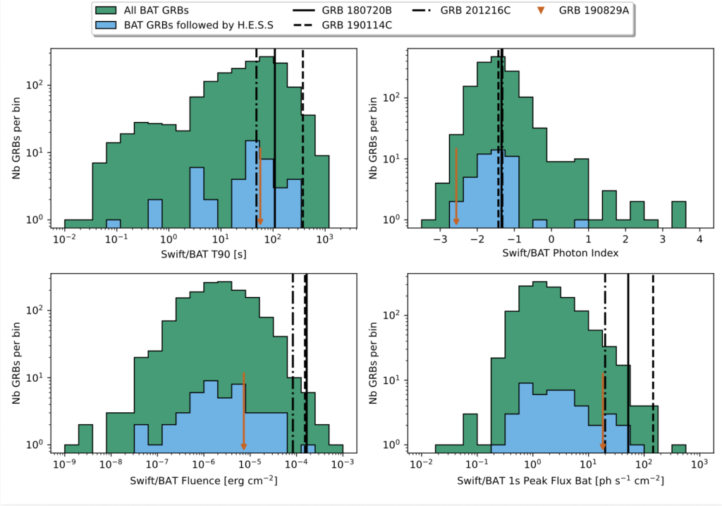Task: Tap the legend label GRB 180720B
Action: pyautogui.click(x=360, y=11)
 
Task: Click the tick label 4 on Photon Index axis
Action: pyautogui.click(x=699, y=240)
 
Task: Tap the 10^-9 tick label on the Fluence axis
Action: pyautogui.click(x=64, y=466)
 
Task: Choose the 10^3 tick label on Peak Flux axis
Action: pyautogui.click(x=698, y=466)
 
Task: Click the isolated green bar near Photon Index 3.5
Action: pyautogui.click(x=679, y=215)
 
